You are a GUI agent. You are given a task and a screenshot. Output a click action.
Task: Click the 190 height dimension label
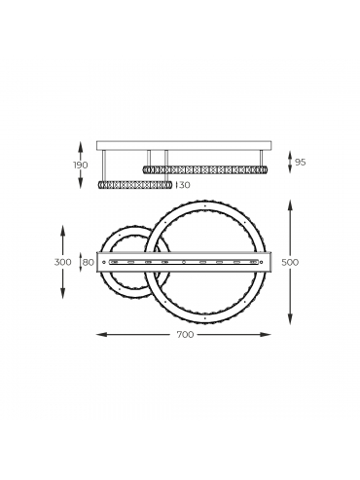[81, 165]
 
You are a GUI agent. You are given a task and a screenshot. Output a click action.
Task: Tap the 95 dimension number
[301, 162]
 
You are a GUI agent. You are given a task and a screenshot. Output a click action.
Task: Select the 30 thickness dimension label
[184, 185]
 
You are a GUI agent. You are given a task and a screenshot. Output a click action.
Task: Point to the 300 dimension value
[63, 262]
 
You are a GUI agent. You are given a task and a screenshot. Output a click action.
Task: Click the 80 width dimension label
[88, 262]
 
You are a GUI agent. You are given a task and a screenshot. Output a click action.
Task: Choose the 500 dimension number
[290, 262]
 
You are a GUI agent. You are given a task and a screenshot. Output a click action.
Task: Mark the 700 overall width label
[186, 334]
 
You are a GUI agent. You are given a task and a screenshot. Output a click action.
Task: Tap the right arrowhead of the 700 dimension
[267, 334]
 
